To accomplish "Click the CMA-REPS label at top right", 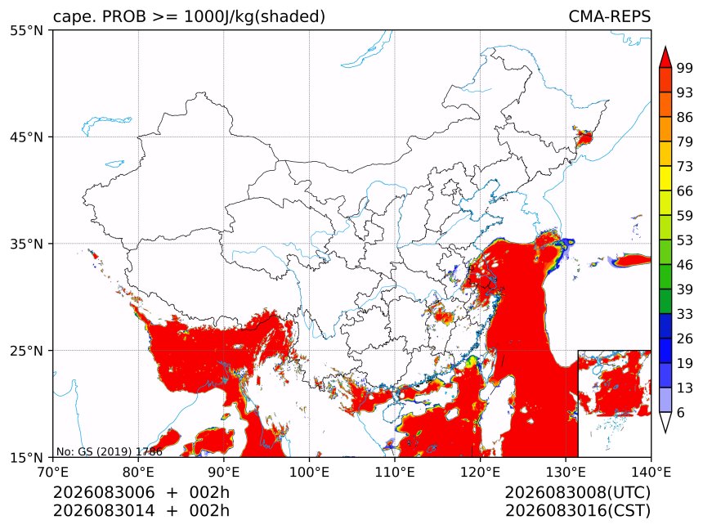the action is point(609,16).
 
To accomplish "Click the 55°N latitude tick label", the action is point(26,30).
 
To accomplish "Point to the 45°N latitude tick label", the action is point(26,137).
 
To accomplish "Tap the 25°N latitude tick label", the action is point(26,350).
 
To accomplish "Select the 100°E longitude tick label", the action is point(309,472).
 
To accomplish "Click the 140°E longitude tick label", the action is point(651,472).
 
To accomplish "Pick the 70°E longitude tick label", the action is point(53,472).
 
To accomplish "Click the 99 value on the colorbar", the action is point(685,68).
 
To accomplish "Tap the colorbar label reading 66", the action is point(685,191).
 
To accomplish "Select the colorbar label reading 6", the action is point(681,412).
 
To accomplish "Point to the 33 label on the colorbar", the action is point(685,314).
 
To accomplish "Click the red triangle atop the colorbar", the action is point(665,57).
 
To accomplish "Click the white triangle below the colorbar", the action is point(665,422).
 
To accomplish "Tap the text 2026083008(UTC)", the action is point(577,492).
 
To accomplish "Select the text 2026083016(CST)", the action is point(577,511).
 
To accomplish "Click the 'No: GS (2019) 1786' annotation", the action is point(109,451).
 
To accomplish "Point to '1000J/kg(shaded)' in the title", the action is point(255,16).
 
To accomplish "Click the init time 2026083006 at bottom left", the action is point(104,492).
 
